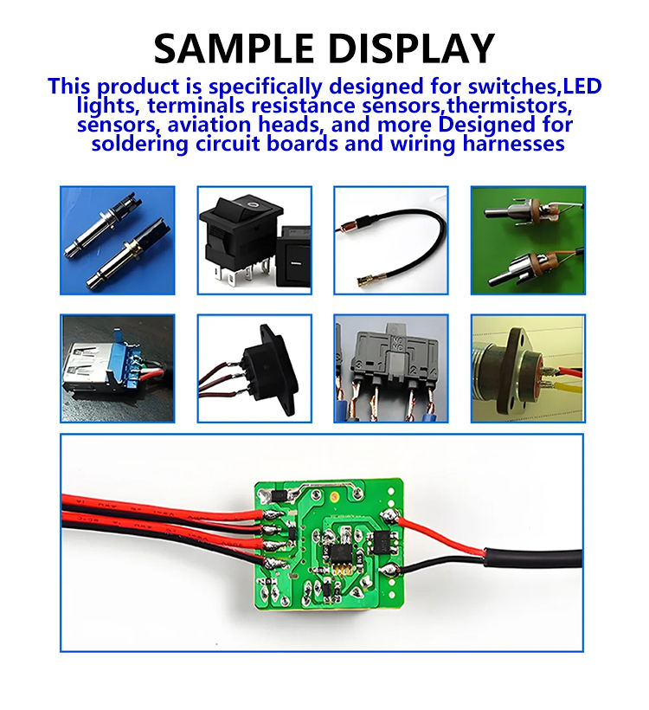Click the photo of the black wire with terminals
click(x=390, y=240)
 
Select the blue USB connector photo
click(x=117, y=368)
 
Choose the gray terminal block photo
click(x=390, y=368)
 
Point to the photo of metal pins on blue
click(x=117, y=240)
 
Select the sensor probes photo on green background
click(x=527, y=240)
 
